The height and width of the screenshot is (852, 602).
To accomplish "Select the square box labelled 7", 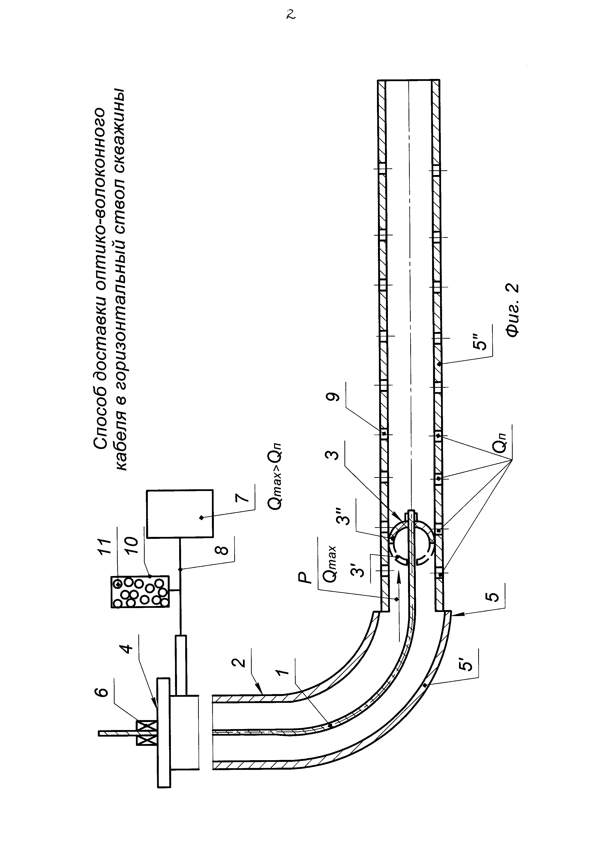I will [180, 514].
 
